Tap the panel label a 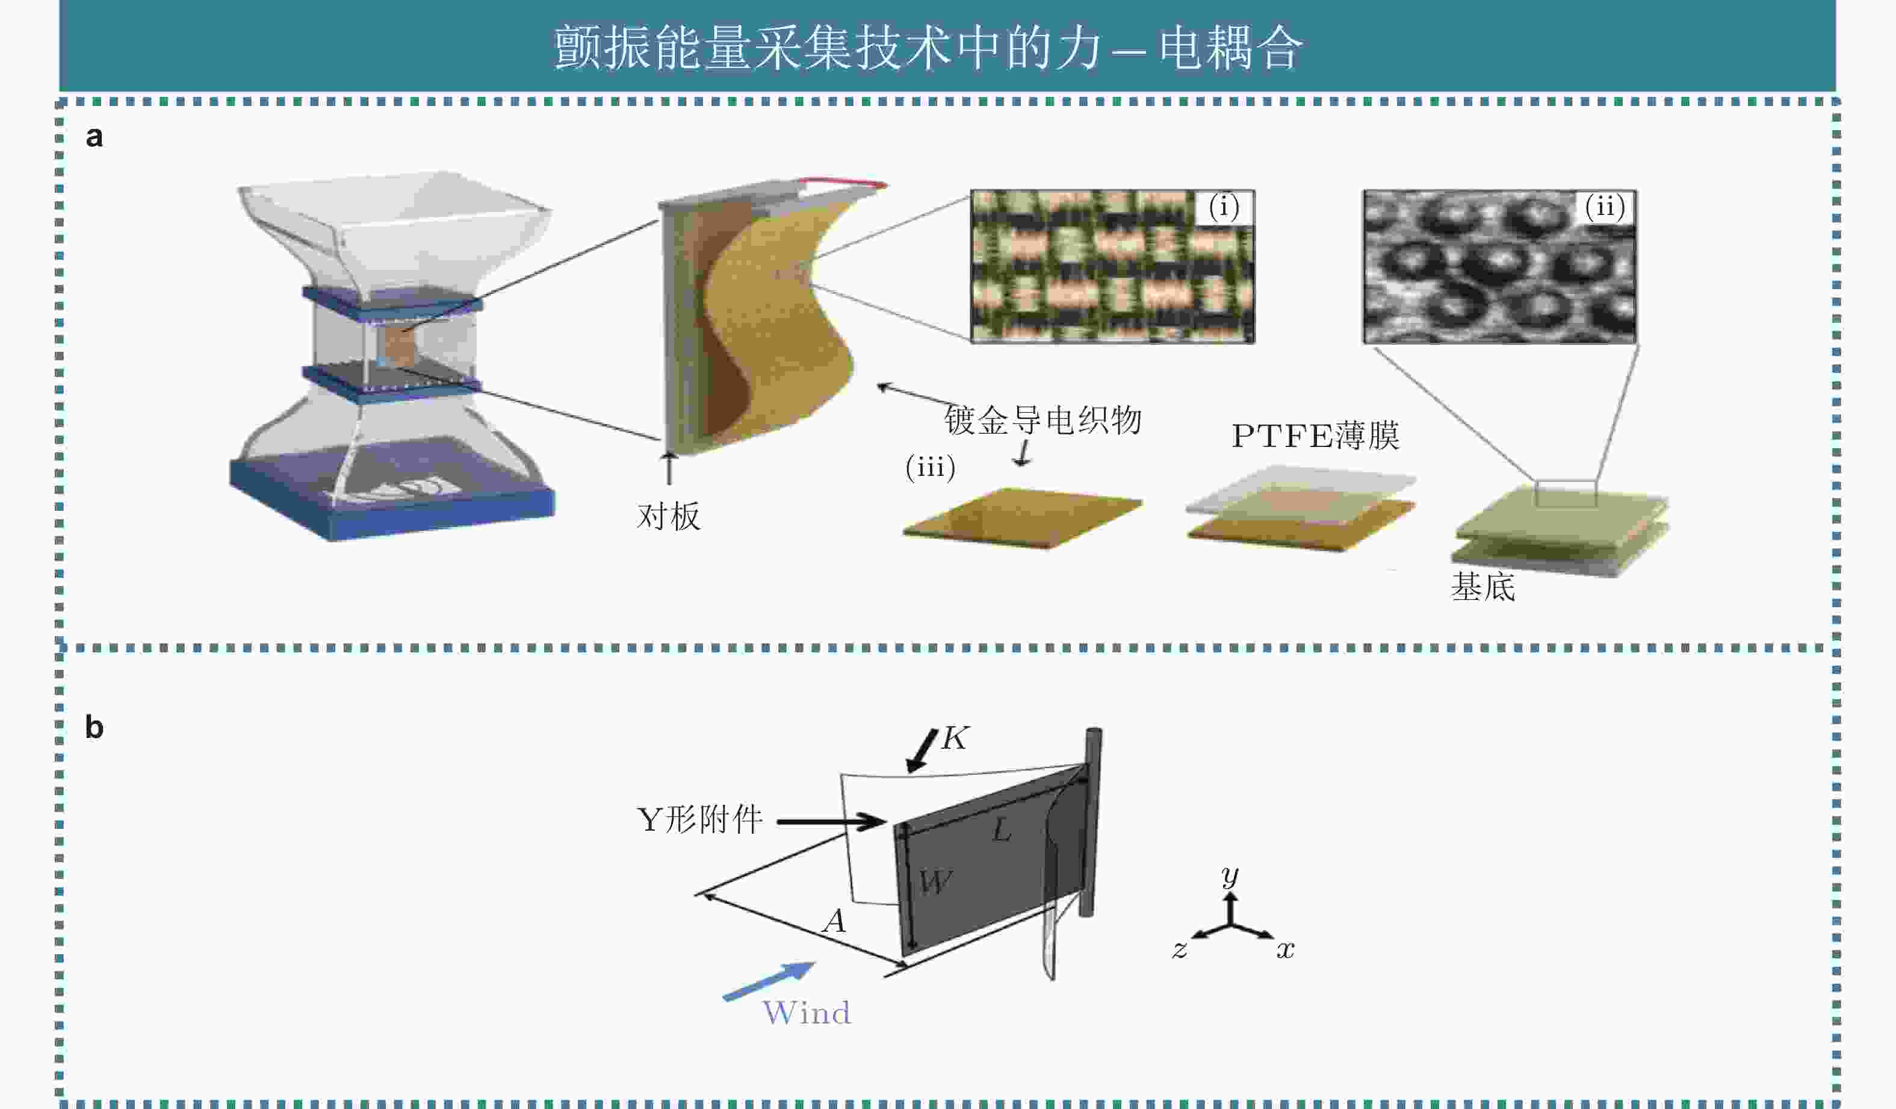(94, 137)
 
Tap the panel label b (94, 727)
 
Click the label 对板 (668, 516)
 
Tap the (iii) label (931, 467)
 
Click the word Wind (807, 1013)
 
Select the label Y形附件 (699, 820)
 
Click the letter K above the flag (955, 739)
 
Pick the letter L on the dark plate (1002, 831)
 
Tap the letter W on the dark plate (935, 881)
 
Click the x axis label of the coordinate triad (1285, 950)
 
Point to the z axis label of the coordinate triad (1179, 950)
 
